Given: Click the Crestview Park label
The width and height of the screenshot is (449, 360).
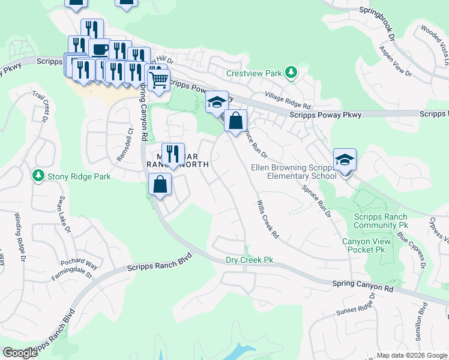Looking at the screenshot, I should (254, 73).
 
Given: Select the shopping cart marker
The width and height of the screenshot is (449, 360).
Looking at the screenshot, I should (158, 79).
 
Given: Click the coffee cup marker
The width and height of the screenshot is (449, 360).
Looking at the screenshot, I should (100, 49).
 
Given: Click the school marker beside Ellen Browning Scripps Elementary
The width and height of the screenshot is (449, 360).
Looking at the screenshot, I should (345, 160).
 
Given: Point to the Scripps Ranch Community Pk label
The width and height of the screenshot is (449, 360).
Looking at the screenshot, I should (381, 221).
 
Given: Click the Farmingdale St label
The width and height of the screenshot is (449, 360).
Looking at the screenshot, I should (71, 276).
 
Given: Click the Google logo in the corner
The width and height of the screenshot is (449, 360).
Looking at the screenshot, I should (20, 353).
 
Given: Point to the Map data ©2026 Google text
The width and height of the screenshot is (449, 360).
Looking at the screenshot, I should (411, 355).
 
